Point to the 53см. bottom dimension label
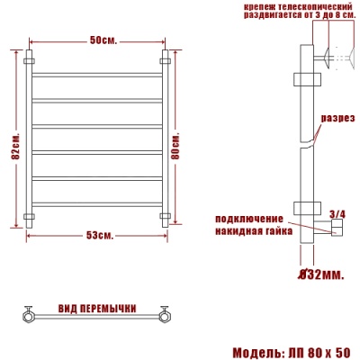tap(99, 236)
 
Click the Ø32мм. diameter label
tap(319, 273)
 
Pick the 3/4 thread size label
tap(337, 213)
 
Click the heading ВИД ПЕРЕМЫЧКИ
tap(96, 309)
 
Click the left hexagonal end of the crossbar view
tap(29, 314)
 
